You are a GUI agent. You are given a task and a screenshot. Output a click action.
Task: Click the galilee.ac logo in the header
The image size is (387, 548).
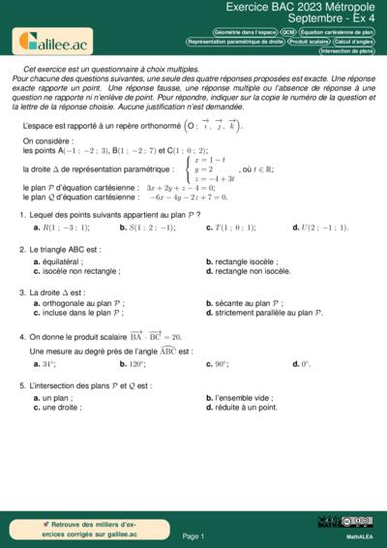[x=50, y=41]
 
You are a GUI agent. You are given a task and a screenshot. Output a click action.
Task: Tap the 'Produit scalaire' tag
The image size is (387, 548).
[x=309, y=43]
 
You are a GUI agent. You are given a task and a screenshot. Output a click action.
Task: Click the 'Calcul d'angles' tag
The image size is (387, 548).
[x=355, y=43]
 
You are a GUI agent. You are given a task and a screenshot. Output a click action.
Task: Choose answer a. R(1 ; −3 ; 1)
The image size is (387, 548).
[x=62, y=228]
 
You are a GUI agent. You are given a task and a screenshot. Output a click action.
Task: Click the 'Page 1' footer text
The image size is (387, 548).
[x=193, y=535]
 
